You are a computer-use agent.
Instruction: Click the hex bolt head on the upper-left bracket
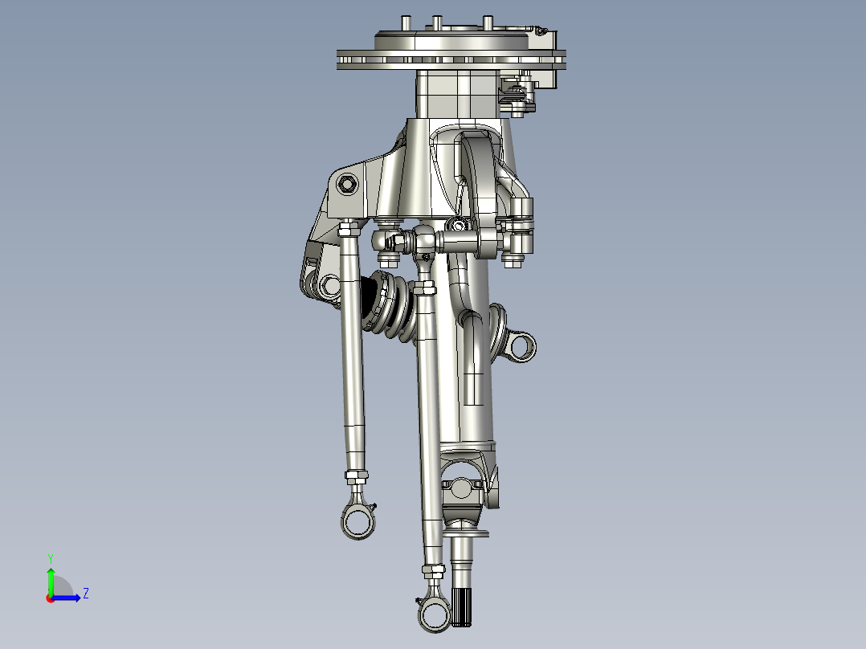[x=347, y=183]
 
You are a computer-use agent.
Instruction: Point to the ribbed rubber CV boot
[x=390, y=305]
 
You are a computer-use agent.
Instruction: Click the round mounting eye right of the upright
[x=521, y=346]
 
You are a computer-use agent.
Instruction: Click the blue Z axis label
[x=85, y=594]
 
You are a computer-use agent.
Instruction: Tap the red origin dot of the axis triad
[x=50, y=598]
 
